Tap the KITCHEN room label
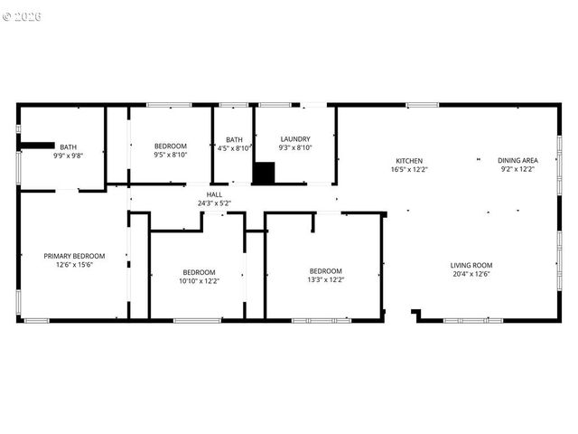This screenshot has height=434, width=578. pos(409,161)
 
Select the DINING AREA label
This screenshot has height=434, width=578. pos(517,161)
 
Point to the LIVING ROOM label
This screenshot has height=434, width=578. pos(471,265)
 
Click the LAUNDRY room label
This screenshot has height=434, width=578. pos(295,139)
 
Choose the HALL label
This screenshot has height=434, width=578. pos(214,194)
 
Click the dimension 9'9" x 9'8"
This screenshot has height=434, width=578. pos(69,156)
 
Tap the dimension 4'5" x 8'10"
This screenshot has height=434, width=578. pos(235,147)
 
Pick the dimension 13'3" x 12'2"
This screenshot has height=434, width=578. pos(326,279)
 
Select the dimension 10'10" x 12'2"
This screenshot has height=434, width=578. pos(199,280)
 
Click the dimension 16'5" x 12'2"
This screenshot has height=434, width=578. pos(409,169)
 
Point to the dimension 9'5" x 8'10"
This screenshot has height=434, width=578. pos(170,155)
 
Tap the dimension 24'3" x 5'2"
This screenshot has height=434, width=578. pos(214,203)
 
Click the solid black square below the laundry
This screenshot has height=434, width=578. pos(263,174)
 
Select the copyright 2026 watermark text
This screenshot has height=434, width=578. pos(22,16)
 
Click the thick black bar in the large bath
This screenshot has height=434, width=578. pos(37,144)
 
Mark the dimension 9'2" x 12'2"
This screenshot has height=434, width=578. pos(517,169)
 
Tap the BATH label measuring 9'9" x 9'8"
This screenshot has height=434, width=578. pos(69,147)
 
